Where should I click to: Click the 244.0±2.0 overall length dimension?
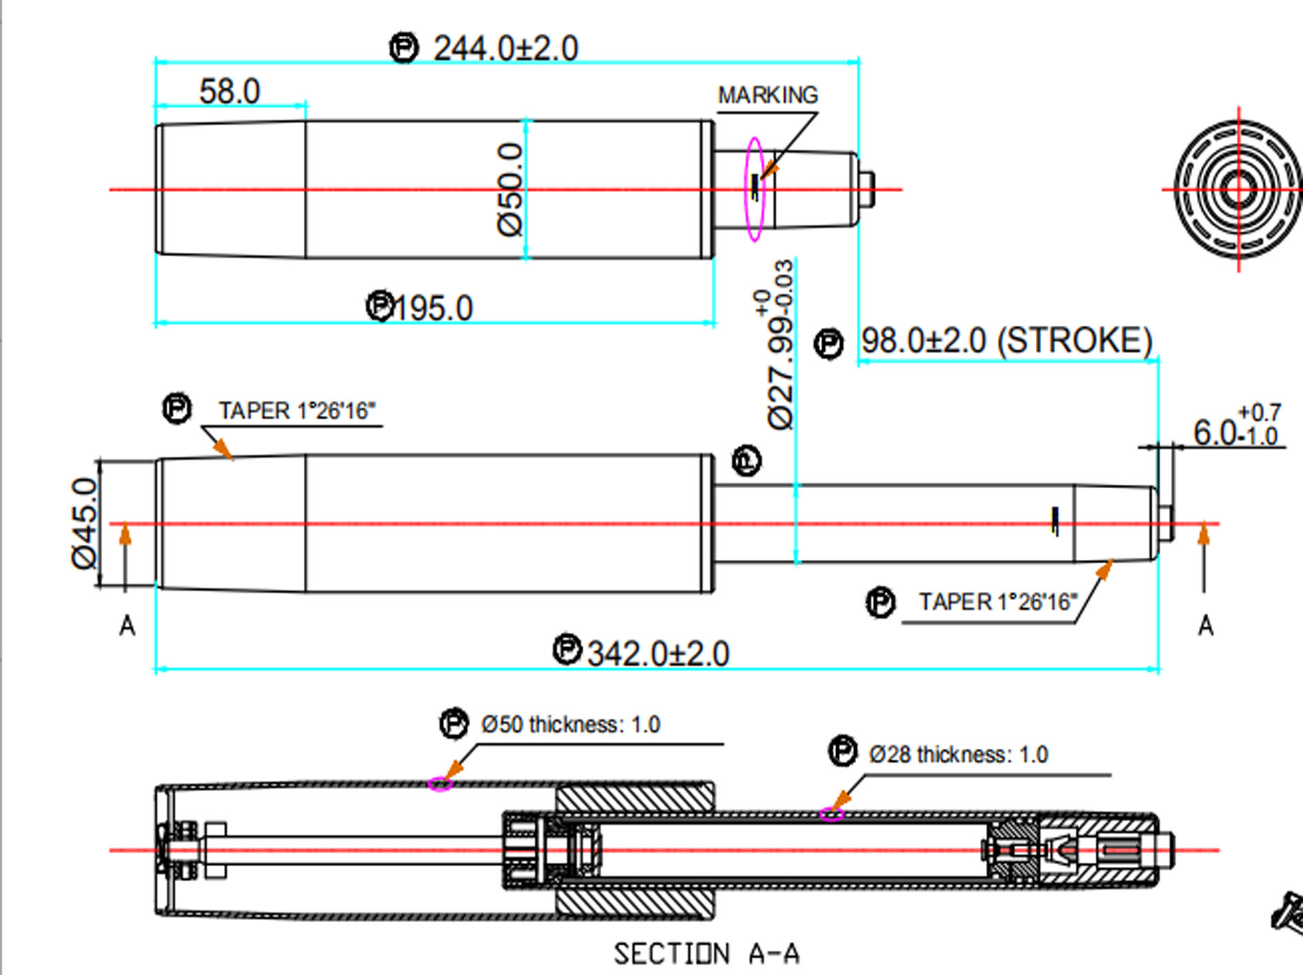click(x=505, y=49)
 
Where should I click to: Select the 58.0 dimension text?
click(x=229, y=92)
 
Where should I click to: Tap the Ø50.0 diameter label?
click(x=510, y=189)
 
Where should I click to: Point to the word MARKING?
click(x=768, y=95)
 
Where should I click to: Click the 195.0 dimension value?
click(x=433, y=308)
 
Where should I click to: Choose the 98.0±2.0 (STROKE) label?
click(x=1007, y=341)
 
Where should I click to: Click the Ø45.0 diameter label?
click(x=85, y=524)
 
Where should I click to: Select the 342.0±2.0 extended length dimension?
click(x=658, y=653)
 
